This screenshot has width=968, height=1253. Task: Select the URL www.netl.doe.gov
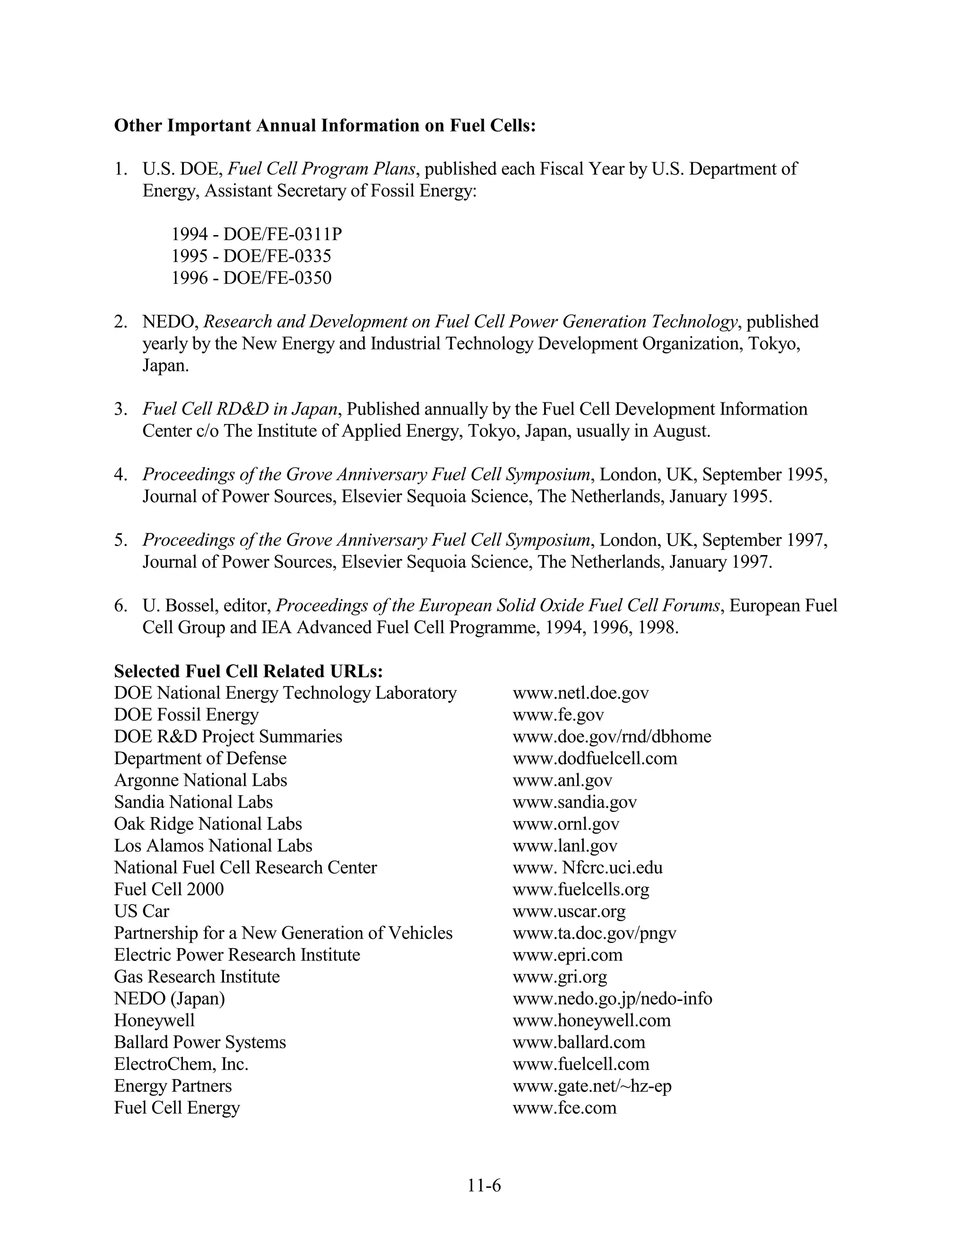tap(580, 693)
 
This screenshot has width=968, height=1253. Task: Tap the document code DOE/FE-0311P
tap(282, 234)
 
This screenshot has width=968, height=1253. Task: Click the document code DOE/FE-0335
tap(277, 256)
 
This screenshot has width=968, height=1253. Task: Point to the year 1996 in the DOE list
tap(189, 278)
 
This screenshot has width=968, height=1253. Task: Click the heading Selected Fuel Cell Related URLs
tap(248, 671)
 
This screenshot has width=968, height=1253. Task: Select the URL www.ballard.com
tap(579, 1042)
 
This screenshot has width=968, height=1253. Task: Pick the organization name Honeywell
tap(154, 1020)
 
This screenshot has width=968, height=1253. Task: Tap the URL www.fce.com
tap(564, 1107)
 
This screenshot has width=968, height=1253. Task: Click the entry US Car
tap(142, 911)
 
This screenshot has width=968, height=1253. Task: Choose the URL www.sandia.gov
tap(575, 802)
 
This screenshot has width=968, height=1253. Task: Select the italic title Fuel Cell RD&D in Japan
tap(240, 409)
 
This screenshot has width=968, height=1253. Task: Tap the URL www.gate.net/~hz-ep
tap(592, 1086)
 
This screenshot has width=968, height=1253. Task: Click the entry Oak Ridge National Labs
tap(207, 824)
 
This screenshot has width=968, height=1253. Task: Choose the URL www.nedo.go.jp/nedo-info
tap(612, 998)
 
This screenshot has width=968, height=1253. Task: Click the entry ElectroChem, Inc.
tap(181, 1064)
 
